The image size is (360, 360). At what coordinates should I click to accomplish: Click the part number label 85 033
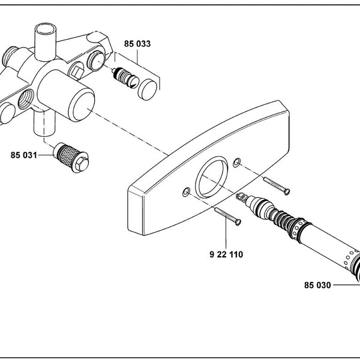pyautogui.click(x=137, y=44)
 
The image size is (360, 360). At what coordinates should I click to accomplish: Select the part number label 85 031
pyautogui.click(x=23, y=155)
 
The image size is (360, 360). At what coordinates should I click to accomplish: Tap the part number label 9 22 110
pyautogui.click(x=226, y=254)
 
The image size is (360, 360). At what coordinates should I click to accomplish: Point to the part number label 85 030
pyautogui.click(x=317, y=285)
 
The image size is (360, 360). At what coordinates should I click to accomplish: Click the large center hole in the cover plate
pyautogui.click(x=211, y=177)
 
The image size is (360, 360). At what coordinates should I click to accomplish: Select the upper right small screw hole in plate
pyautogui.click(x=237, y=163)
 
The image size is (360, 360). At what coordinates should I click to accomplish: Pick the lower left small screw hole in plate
pyautogui.click(x=186, y=192)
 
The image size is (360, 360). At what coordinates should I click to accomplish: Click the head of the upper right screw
pyautogui.click(x=287, y=191)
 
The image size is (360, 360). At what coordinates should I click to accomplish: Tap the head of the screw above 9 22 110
pyautogui.click(x=238, y=222)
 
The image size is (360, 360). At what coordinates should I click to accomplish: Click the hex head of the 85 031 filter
pyautogui.click(x=82, y=163)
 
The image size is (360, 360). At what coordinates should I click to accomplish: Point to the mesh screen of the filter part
pyautogui.click(x=67, y=152)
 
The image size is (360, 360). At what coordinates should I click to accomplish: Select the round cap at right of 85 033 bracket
pyautogui.click(x=148, y=89)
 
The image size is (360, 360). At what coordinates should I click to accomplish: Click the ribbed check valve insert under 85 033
pyautogui.click(x=125, y=77)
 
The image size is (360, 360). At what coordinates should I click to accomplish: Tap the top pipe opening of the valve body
pyautogui.click(x=46, y=28)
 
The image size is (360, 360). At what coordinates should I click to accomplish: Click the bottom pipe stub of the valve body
pyautogui.click(x=44, y=124)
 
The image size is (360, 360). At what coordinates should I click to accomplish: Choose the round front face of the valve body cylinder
pyautogui.click(x=82, y=107)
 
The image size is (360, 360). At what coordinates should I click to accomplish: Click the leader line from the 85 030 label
pyautogui.click(x=346, y=285)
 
